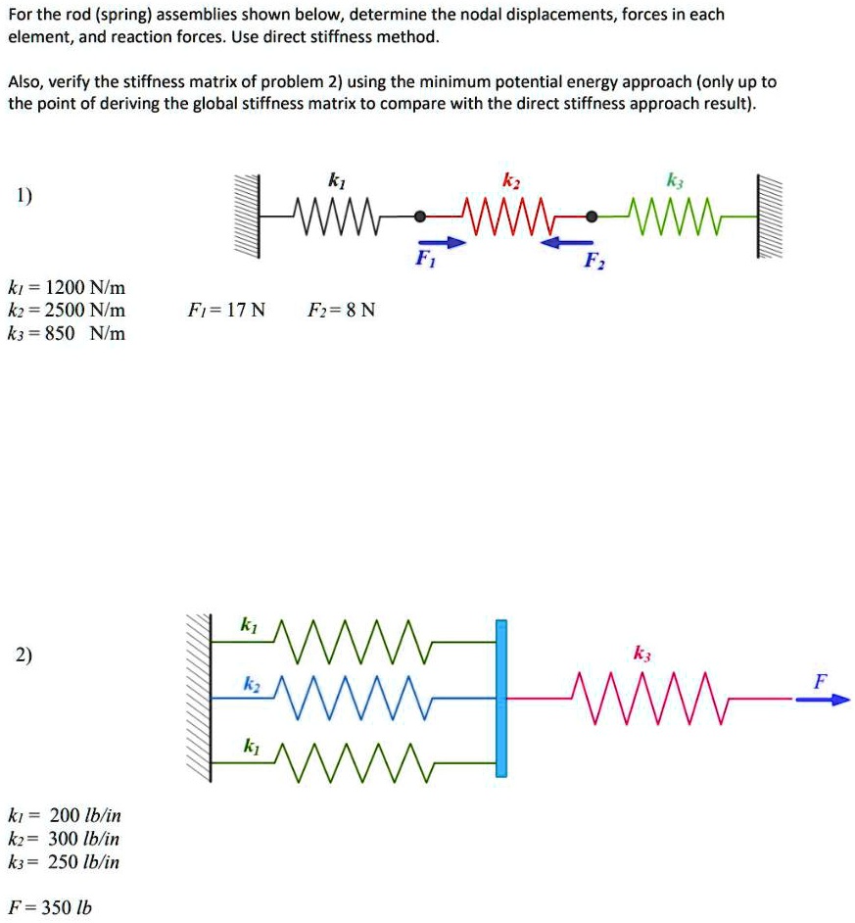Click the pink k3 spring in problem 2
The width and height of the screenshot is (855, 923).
click(650, 699)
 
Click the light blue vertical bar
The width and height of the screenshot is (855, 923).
click(501, 698)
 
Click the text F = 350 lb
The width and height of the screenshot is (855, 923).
click(50, 906)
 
